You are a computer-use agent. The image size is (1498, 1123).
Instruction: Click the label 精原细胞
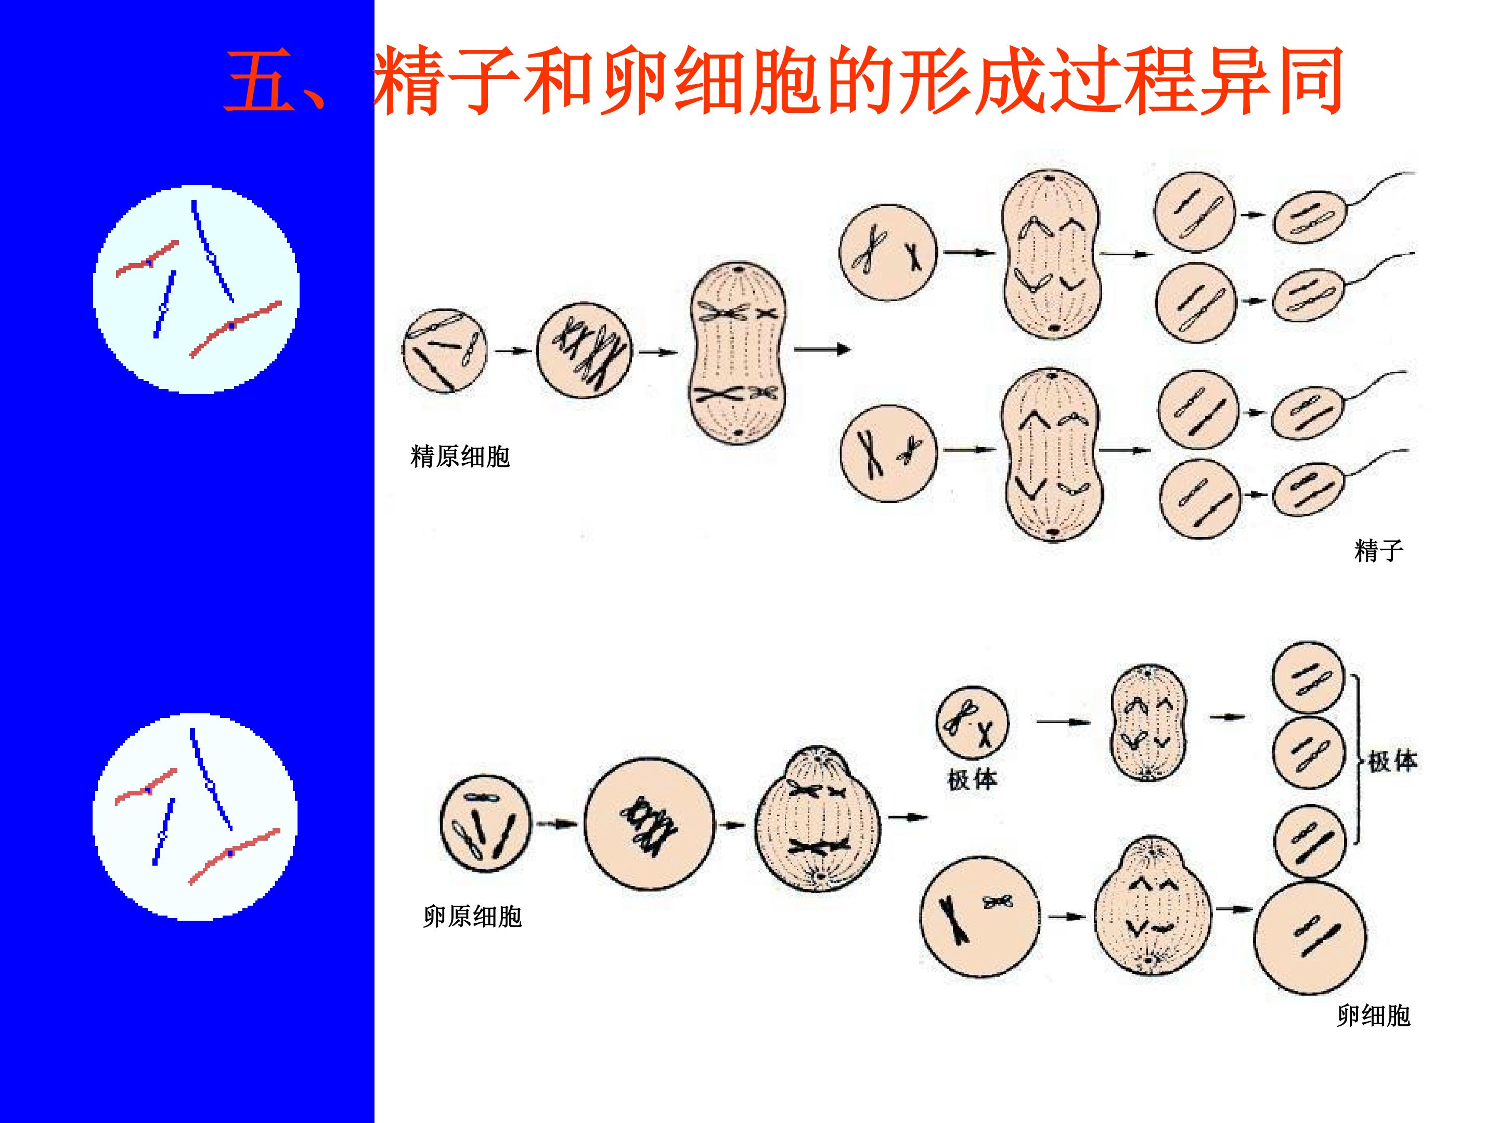pos(460,457)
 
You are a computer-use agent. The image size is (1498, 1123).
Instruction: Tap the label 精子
pos(1379,551)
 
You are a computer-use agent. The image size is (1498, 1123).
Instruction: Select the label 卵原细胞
pos(473,917)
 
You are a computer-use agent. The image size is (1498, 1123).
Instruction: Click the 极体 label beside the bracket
pos(1393,762)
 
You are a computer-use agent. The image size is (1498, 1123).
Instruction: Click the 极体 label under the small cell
pos(973,780)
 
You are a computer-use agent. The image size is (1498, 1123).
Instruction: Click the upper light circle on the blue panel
pos(197,290)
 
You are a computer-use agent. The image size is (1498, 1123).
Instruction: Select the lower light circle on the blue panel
pos(195,817)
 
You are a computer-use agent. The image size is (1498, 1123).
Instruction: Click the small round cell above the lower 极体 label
pos(972,724)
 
